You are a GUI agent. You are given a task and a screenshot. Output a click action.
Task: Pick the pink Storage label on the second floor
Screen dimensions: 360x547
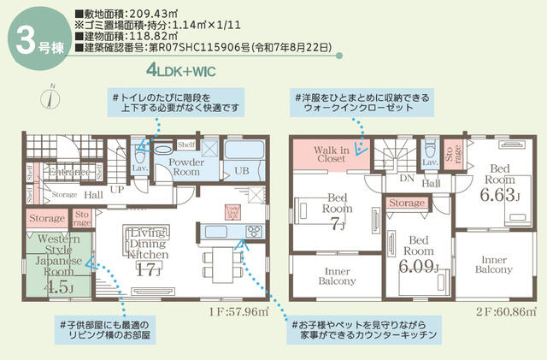click(x=406, y=204)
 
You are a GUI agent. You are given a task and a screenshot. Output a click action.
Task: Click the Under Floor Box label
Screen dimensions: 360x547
click(x=231, y=211)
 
